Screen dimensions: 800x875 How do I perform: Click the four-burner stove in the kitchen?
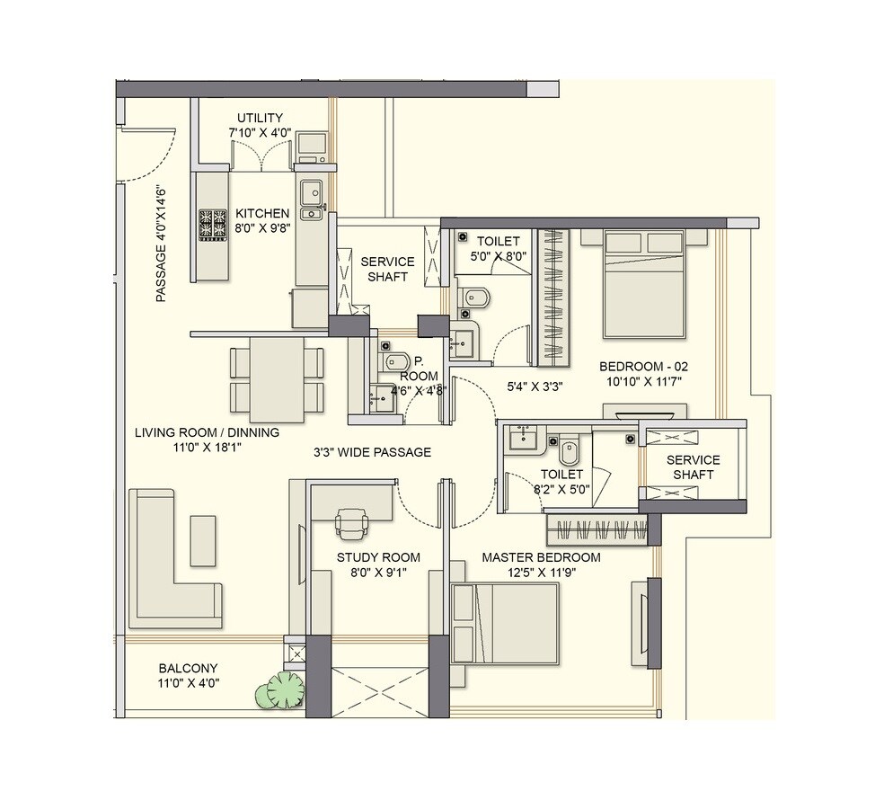[x=214, y=225]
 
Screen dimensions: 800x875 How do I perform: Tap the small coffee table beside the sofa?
[x=203, y=540]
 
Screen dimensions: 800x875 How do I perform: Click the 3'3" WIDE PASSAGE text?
[x=372, y=453]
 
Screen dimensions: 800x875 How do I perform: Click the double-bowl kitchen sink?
[x=312, y=200]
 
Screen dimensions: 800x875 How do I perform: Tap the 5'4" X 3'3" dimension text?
[x=535, y=388]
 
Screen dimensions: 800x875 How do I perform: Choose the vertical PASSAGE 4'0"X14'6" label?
[x=162, y=244]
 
